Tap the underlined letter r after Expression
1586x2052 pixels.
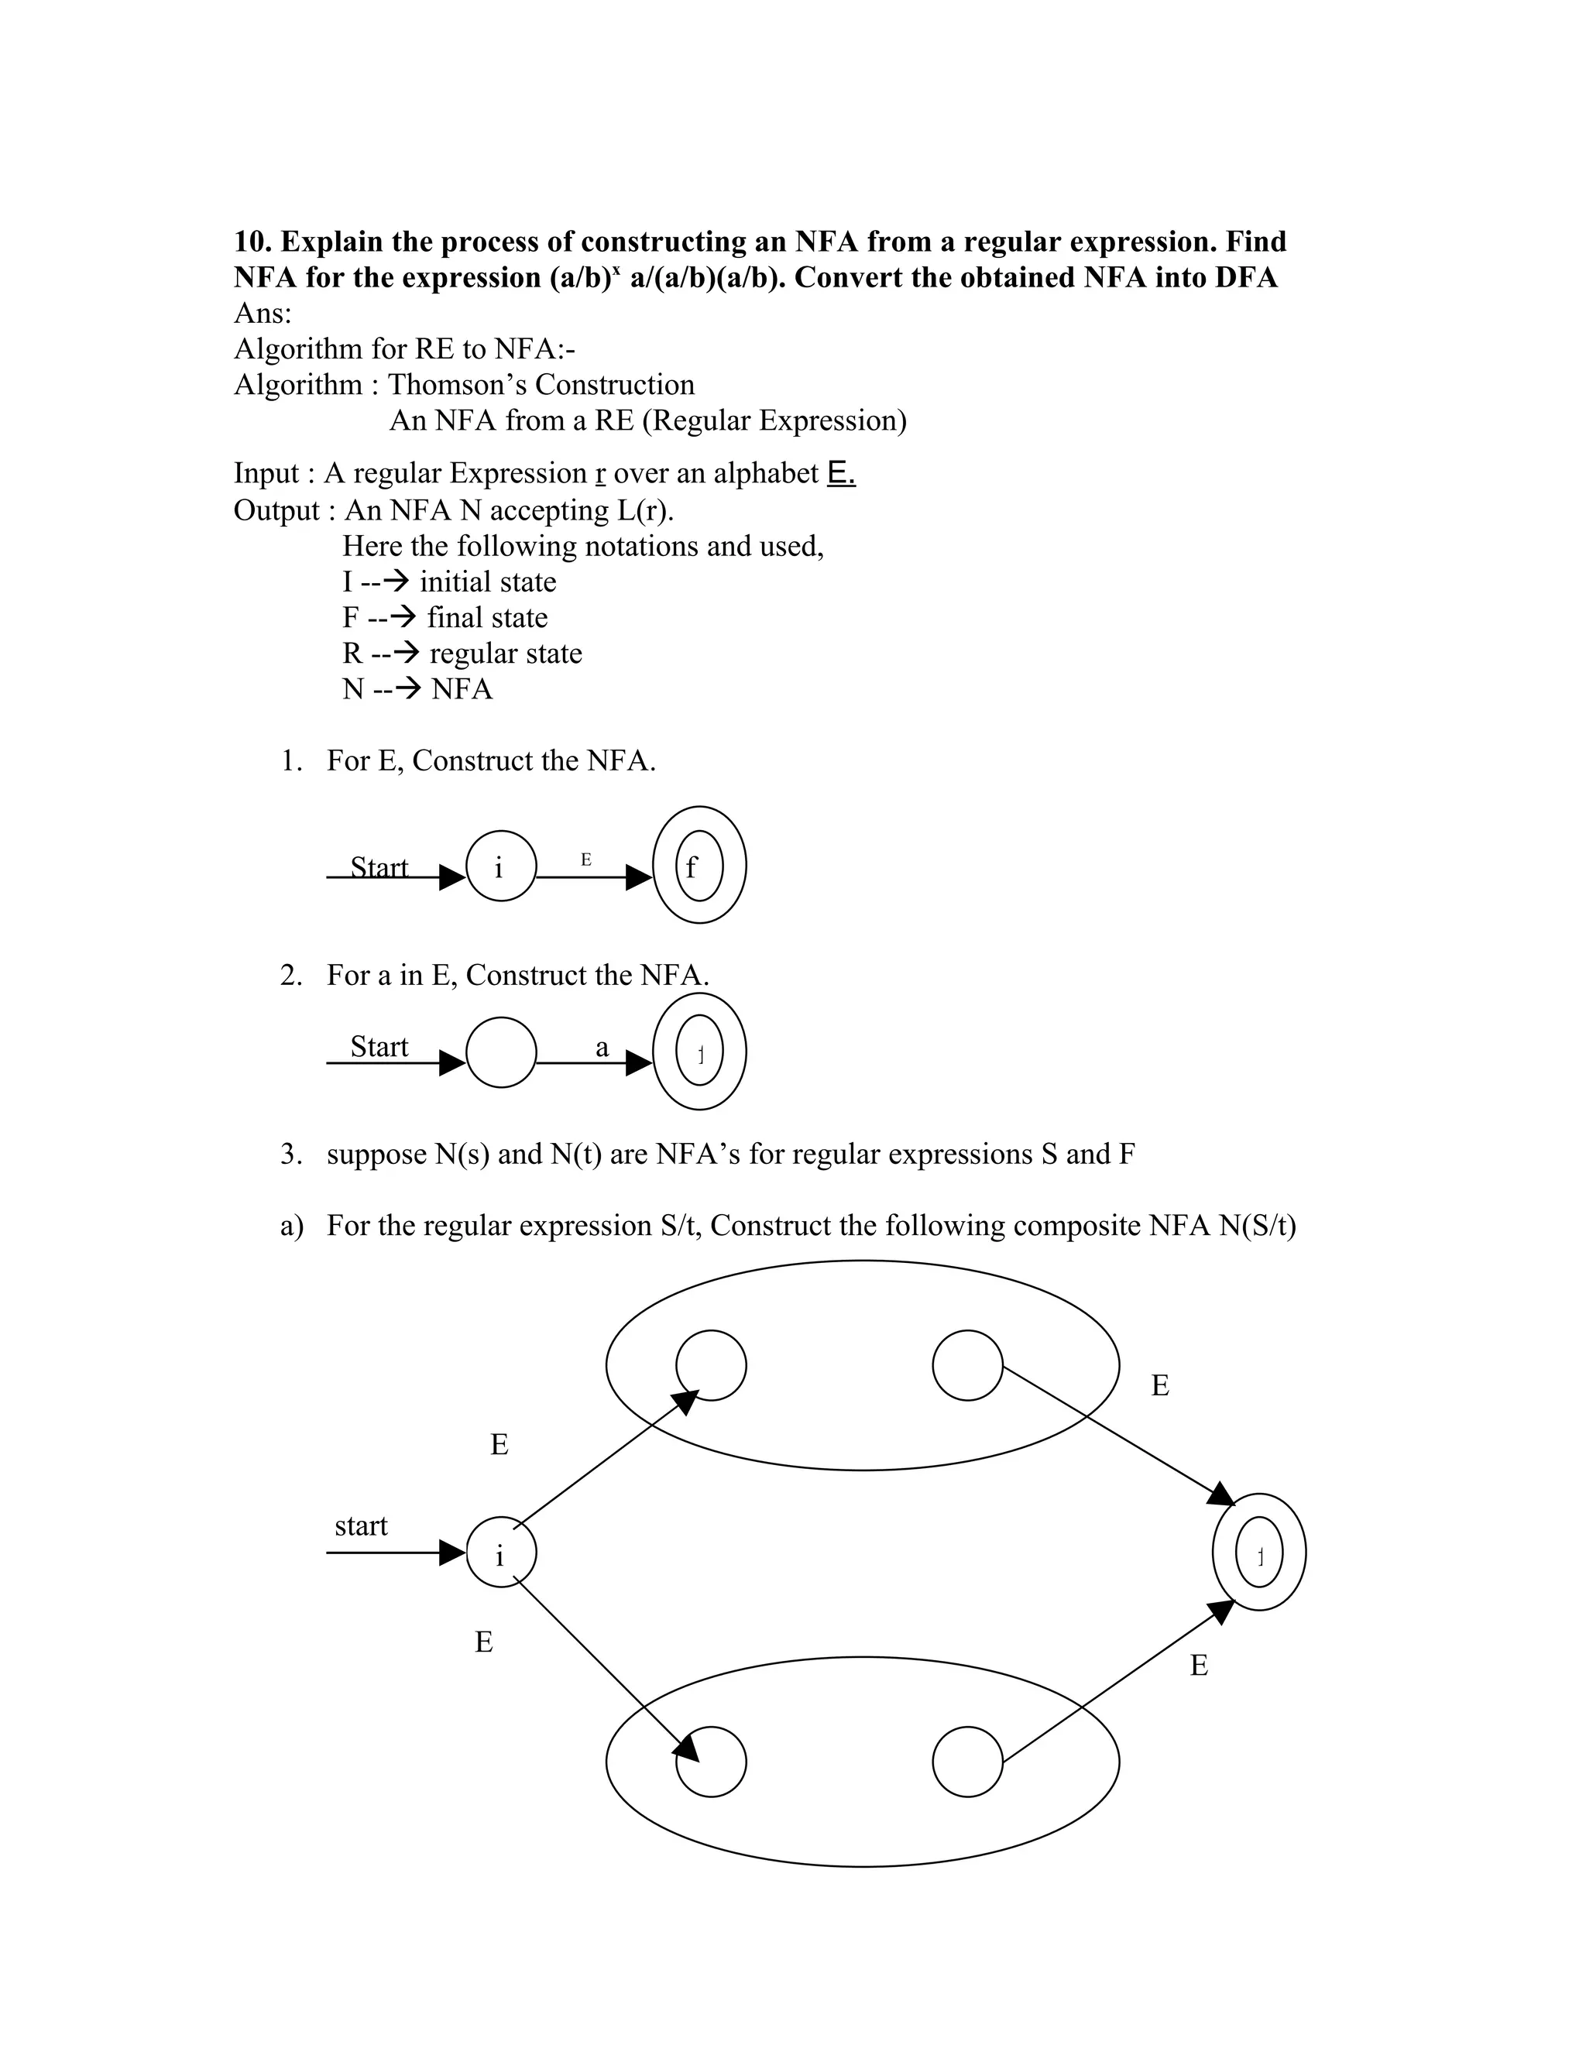click(x=599, y=474)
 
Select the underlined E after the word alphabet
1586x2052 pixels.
click(x=841, y=472)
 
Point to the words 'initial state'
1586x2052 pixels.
click(x=488, y=582)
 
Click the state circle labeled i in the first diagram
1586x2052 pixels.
click(x=501, y=866)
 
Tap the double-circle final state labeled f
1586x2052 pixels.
click(x=699, y=866)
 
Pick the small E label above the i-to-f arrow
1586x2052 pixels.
click(x=586, y=860)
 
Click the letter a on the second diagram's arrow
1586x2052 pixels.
click(x=602, y=1047)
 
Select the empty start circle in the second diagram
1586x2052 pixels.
click(x=501, y=1052)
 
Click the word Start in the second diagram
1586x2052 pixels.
click(x=379, y=1047)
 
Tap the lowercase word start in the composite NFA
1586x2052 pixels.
click(x=361, y=1526)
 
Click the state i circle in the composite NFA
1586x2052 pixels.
click(x=501, y=1552)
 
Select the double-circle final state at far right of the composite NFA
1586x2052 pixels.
click(x=1259, y=1552)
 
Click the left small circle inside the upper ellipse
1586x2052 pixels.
click(x=711, y=1365)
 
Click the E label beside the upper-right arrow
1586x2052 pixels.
click(x=1160, y=1386)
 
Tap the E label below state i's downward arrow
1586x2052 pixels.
click(x=484, y=1642)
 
